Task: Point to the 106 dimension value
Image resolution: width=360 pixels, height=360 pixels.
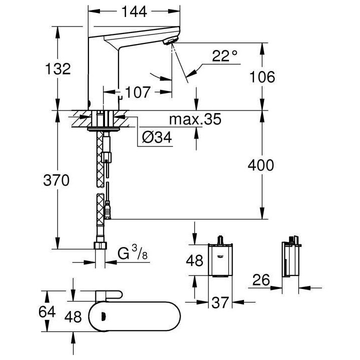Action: [x=263, y=77]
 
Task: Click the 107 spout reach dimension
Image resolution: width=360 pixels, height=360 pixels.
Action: [x=137, y=92]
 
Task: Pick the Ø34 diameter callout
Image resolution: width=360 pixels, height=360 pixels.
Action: [x=156, y=137]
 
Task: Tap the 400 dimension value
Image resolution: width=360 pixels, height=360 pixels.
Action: [x=262, y=165]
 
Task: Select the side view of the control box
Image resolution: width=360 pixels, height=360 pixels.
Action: [x=290, y=259]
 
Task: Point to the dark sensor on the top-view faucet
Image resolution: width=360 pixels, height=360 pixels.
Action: [x=104, y=315]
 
